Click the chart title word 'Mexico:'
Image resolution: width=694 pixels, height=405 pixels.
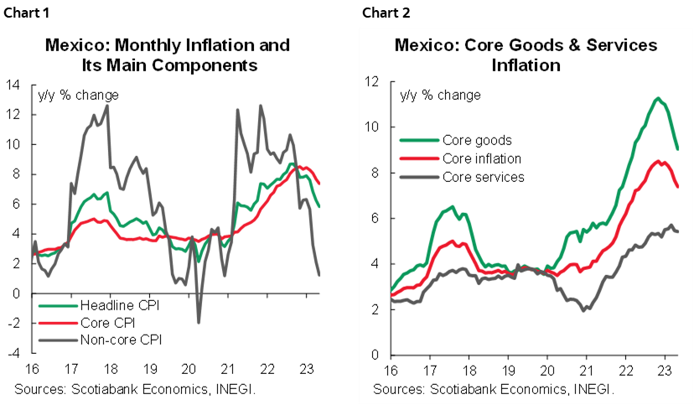426,45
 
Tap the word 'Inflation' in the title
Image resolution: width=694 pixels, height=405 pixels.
526,64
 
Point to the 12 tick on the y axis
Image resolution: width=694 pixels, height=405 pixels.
375,81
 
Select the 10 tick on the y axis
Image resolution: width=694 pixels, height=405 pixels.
375,127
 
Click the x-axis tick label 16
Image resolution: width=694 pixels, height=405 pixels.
391,371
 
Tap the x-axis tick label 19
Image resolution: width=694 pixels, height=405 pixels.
508,371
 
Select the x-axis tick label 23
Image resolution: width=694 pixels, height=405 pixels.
665,371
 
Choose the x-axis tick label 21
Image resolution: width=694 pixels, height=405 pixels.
587,371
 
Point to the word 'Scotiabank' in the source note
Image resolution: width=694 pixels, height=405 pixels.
466,389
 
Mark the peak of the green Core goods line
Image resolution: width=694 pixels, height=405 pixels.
657,99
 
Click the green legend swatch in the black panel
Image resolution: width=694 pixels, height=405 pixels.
58,306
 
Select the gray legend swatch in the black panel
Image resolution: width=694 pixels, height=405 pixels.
58,340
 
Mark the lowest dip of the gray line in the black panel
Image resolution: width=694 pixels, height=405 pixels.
199,321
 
